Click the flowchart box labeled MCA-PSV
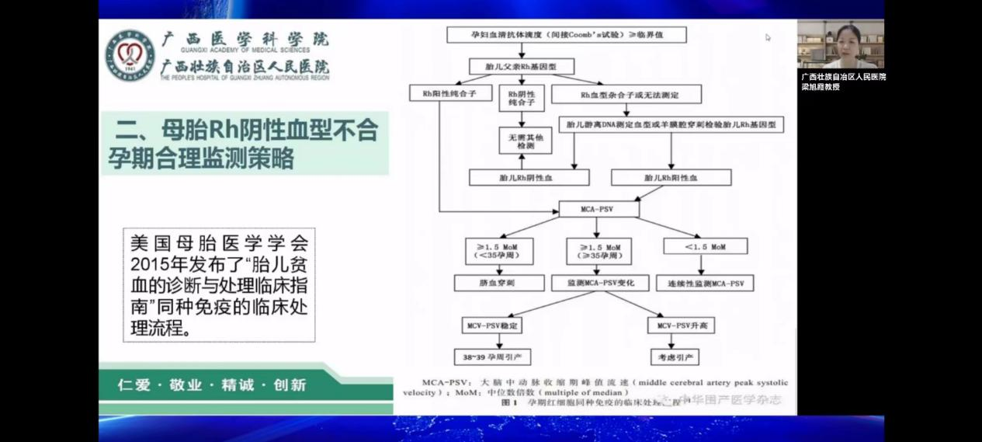tap(599, 209)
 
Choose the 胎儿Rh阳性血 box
tap(671, 178)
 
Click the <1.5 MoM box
tap(706, 246)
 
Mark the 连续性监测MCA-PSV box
tap(705, 284)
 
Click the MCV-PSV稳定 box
tap(492, 325)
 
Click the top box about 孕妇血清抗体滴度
tap(567, 35)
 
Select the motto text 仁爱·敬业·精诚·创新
tap(211, 385)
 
